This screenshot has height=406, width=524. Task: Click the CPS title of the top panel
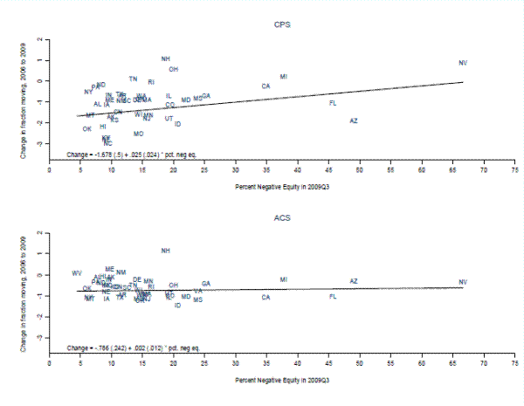(x=279, y=25)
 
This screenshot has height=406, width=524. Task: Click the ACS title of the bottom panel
(x=279, y=222)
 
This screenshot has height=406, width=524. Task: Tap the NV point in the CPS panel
(x=463, y=63)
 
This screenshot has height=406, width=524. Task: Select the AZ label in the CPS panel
(x=354, y=120)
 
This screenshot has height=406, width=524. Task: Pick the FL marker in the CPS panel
(x=333, y=103)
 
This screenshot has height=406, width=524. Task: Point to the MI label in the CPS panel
(x=284, y=77)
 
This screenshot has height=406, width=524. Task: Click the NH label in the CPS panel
(x=166, y=58)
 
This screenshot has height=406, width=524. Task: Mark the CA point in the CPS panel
(x=265, y=86)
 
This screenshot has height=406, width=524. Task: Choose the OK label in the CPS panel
(x=87, y=129)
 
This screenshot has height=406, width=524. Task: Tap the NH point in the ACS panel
(x=166, y=251)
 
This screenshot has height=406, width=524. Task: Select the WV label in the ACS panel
(x=77, y=273)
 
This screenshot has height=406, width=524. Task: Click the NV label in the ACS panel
(x=463, y=282)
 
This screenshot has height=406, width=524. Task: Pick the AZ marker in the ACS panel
(x=354, y=281)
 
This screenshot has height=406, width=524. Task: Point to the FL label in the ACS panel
(x=333, y=297)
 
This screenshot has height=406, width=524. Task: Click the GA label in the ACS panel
(x=206, y=284)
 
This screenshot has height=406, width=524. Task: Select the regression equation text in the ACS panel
(x=131, y=348)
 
